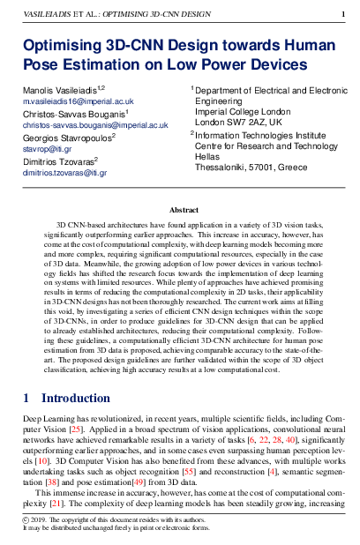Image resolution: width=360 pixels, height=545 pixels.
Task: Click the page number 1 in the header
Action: (342, 15)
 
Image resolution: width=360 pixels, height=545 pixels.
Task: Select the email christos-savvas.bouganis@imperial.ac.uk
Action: (95, 126)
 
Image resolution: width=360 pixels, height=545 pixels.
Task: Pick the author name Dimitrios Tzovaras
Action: (58, 161)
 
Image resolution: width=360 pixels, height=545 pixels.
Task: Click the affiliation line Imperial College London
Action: (242, 112)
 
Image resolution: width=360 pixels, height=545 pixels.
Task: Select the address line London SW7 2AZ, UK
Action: (238, 123)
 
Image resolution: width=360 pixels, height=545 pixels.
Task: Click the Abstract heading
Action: (184, 211)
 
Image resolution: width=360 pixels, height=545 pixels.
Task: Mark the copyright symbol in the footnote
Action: (26, 521)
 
